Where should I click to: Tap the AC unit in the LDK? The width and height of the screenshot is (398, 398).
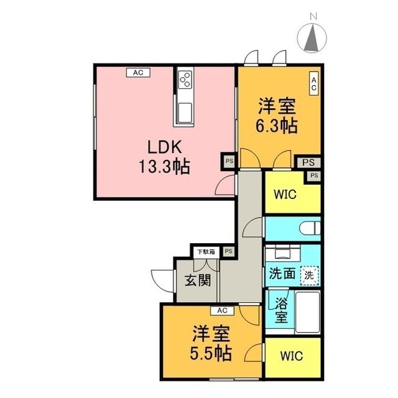tap(138, 73)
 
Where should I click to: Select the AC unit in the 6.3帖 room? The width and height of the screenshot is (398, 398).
tap(313, 84)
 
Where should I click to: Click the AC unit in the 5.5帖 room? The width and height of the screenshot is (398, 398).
tap(222, 310)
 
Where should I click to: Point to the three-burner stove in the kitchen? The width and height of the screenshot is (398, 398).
tap(185, 80)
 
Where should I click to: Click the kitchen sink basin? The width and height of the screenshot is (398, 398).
tap(185, 113)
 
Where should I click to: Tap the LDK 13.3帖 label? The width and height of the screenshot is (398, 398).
tap(164, 157)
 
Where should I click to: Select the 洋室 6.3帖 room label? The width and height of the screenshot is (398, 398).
tap(277, 116)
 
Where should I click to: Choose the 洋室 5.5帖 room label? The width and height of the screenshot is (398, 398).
tap(211, 343)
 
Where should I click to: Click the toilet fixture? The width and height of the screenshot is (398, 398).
tap(310, 228)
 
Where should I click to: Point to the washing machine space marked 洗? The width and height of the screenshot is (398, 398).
tap(309, 275)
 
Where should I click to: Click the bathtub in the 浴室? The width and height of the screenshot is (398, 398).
tap(308, 312)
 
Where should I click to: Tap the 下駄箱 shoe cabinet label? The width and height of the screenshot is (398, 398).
tap(206, 252)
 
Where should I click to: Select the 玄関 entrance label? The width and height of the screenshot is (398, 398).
tap(198, 280)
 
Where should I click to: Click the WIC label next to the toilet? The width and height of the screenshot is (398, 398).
tap(285, 195)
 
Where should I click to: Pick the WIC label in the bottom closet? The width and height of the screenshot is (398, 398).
tap(292, 356)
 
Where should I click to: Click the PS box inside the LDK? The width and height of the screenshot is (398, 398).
tap(229, 161)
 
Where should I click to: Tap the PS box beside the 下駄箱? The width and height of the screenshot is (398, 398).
tap(228, 251)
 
